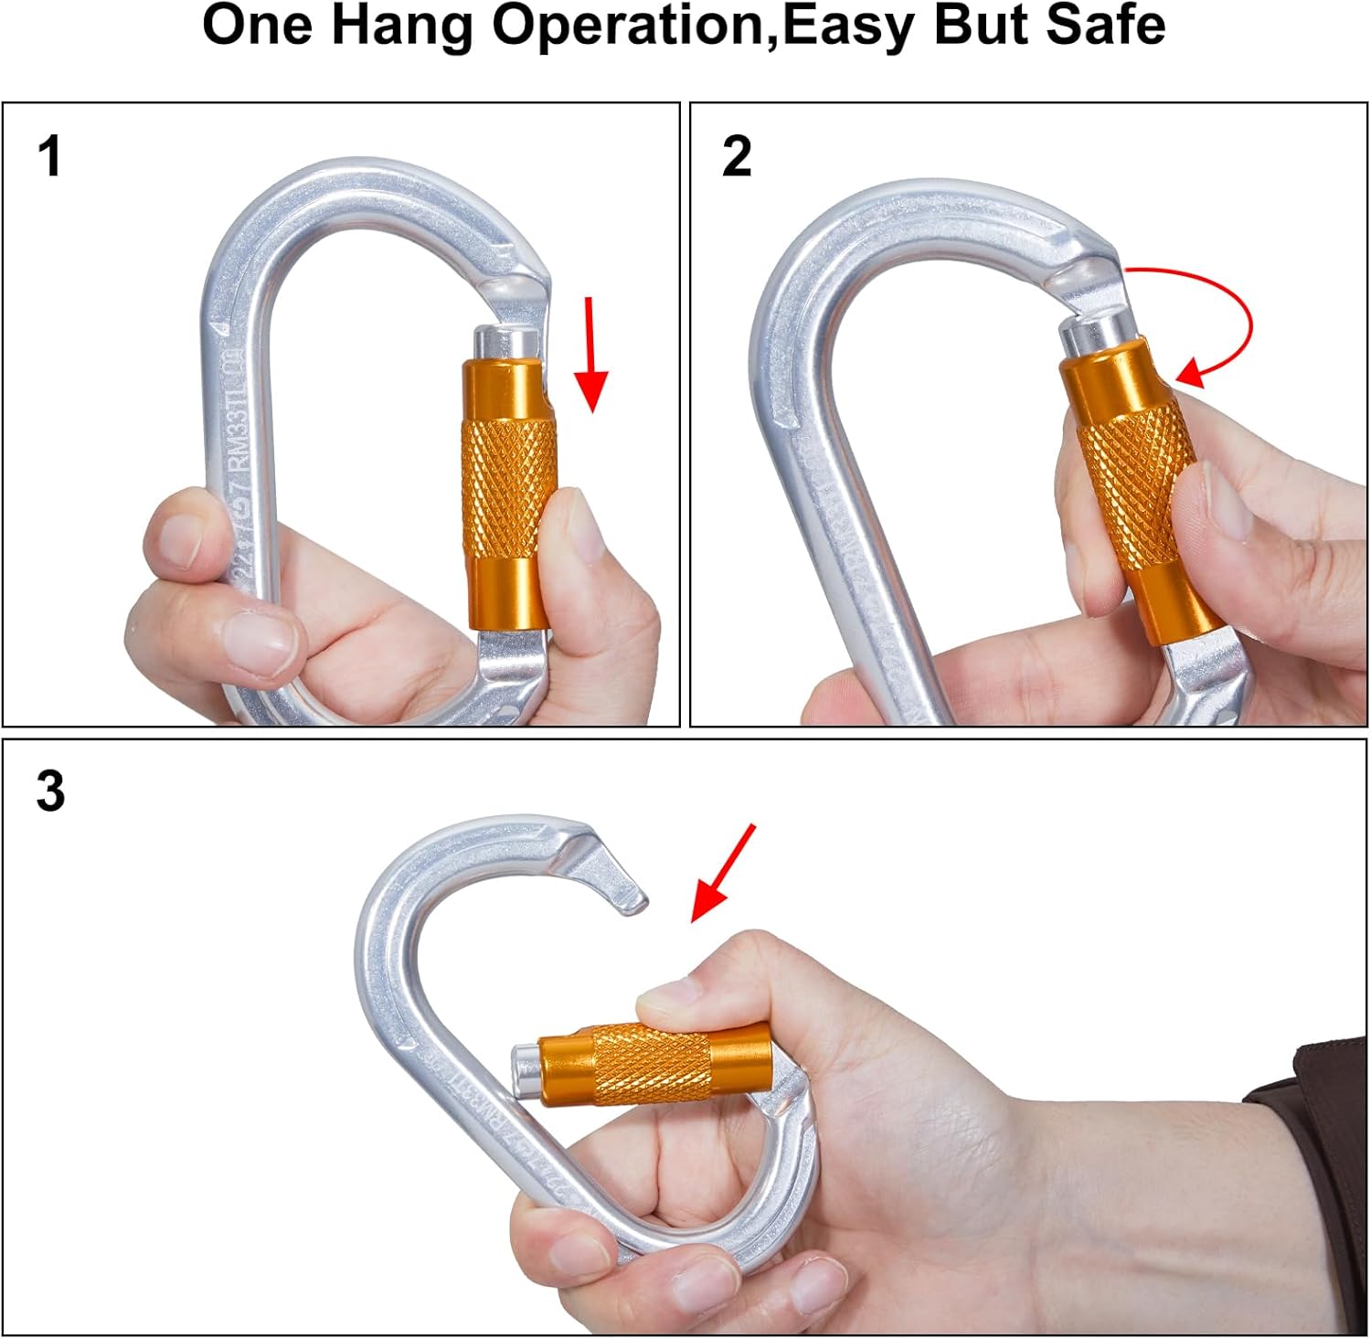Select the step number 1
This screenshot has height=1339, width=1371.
coord(50,156)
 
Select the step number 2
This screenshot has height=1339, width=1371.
coord(737,156)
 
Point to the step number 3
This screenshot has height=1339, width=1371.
coord(51,792)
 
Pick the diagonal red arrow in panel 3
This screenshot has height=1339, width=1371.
coord(723,873)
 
